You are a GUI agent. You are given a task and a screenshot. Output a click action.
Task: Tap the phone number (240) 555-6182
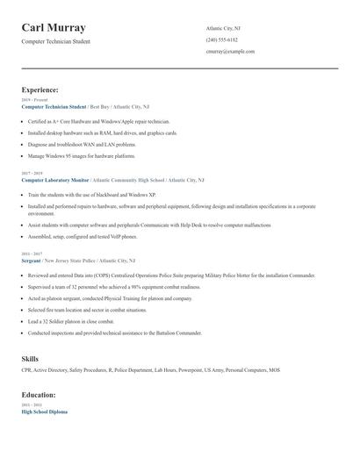click(x=221, y=40)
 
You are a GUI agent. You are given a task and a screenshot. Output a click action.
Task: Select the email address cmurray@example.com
click(x=230, y=52)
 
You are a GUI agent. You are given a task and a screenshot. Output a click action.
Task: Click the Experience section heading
click(x=40, y=89)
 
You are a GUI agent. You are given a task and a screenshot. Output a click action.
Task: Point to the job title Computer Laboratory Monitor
click(x=55, y=179)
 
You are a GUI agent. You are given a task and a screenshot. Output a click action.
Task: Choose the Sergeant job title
click(x=32, y=261)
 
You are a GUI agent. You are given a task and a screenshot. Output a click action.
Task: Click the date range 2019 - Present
click(x=34, y=100)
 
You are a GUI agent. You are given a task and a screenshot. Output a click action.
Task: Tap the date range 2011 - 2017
click(x=32, y=254)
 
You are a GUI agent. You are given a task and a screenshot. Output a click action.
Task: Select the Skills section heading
click(x=30, y=359)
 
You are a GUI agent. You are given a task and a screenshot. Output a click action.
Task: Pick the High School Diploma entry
click(x=44, y=411)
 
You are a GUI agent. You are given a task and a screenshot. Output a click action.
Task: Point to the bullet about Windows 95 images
click(x=81, y=155)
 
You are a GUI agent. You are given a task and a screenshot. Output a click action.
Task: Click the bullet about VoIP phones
click(x=83, y=236)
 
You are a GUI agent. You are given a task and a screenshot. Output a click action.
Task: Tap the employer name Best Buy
click(x=100, y=106)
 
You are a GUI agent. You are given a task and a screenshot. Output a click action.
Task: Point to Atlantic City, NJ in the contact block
click(x=223, y=29)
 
